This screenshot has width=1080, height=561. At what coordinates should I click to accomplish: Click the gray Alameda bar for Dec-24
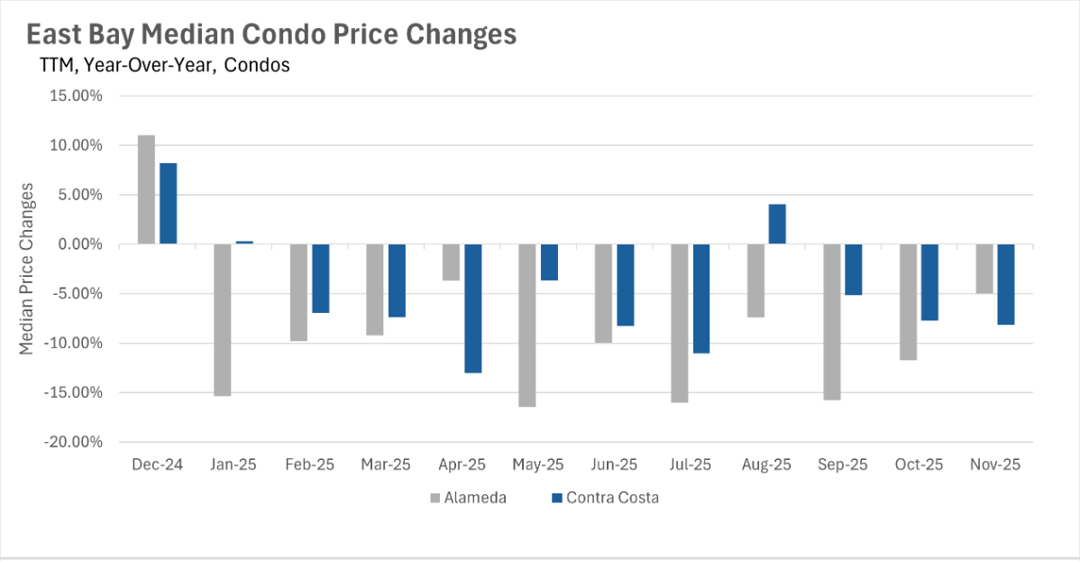146,189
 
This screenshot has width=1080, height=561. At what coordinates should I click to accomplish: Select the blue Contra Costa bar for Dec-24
169,204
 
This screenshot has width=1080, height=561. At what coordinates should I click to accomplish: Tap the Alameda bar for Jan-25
222,320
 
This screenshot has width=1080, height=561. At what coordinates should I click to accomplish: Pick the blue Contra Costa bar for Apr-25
473,308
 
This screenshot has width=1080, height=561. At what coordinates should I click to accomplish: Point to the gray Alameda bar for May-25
527,326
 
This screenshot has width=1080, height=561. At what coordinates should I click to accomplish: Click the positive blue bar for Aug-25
777,225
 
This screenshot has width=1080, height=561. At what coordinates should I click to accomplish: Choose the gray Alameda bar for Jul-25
680,323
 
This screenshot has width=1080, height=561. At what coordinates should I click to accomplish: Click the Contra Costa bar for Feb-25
321,279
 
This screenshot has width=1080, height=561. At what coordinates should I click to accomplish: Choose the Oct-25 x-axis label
920,465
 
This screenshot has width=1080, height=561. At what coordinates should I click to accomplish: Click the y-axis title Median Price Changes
28,269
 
